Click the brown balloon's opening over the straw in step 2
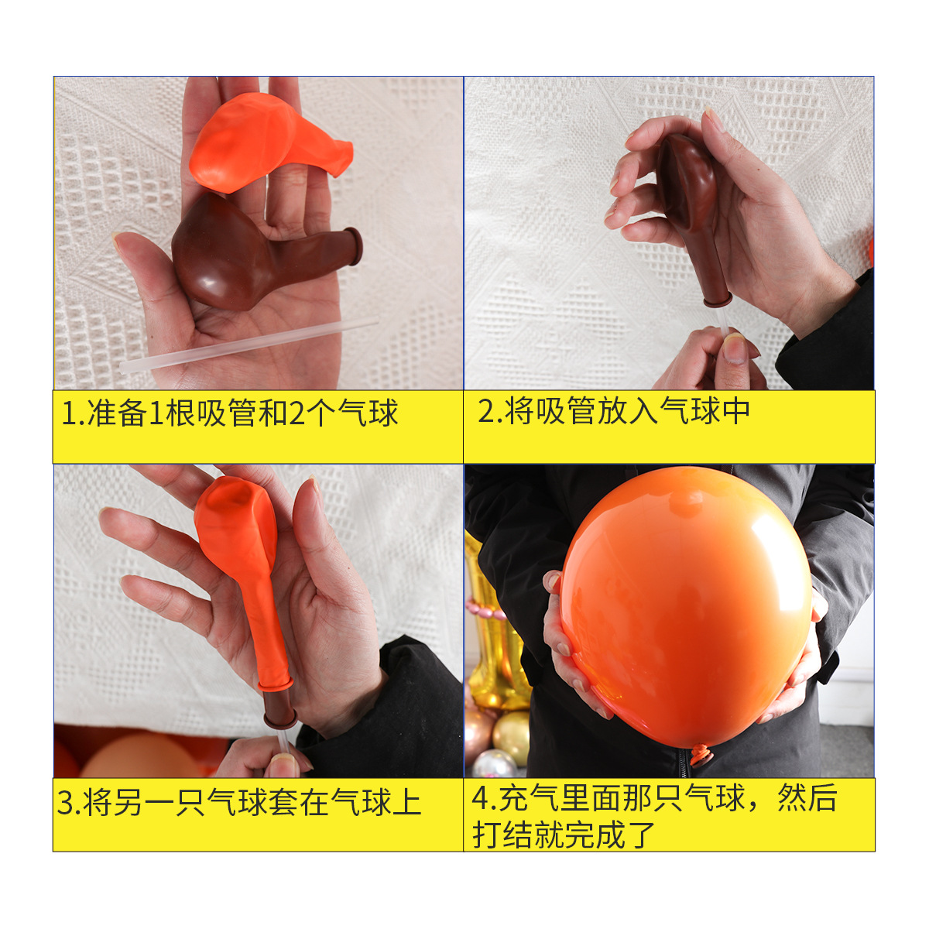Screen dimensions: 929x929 pos(716,299)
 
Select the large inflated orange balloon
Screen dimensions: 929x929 pos(685,604)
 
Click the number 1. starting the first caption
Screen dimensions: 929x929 pos(73,413)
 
